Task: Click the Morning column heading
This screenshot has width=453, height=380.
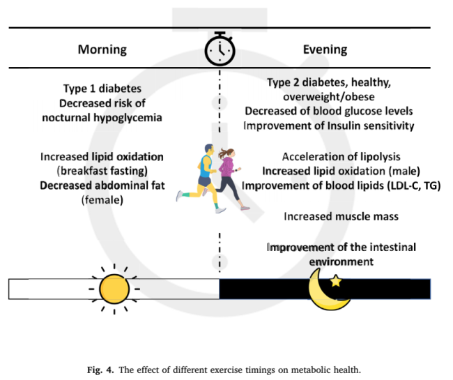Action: pos(102,50)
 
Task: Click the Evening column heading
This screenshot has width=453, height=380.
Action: pos(325,50)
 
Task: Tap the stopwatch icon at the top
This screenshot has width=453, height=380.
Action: pos(220,48)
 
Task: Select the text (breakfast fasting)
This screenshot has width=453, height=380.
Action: pos(102,170)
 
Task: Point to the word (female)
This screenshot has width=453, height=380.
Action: pos(102,199)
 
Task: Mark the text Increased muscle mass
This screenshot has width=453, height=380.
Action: pos(341,216)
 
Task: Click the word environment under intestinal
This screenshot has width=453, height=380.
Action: pos(341,261)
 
